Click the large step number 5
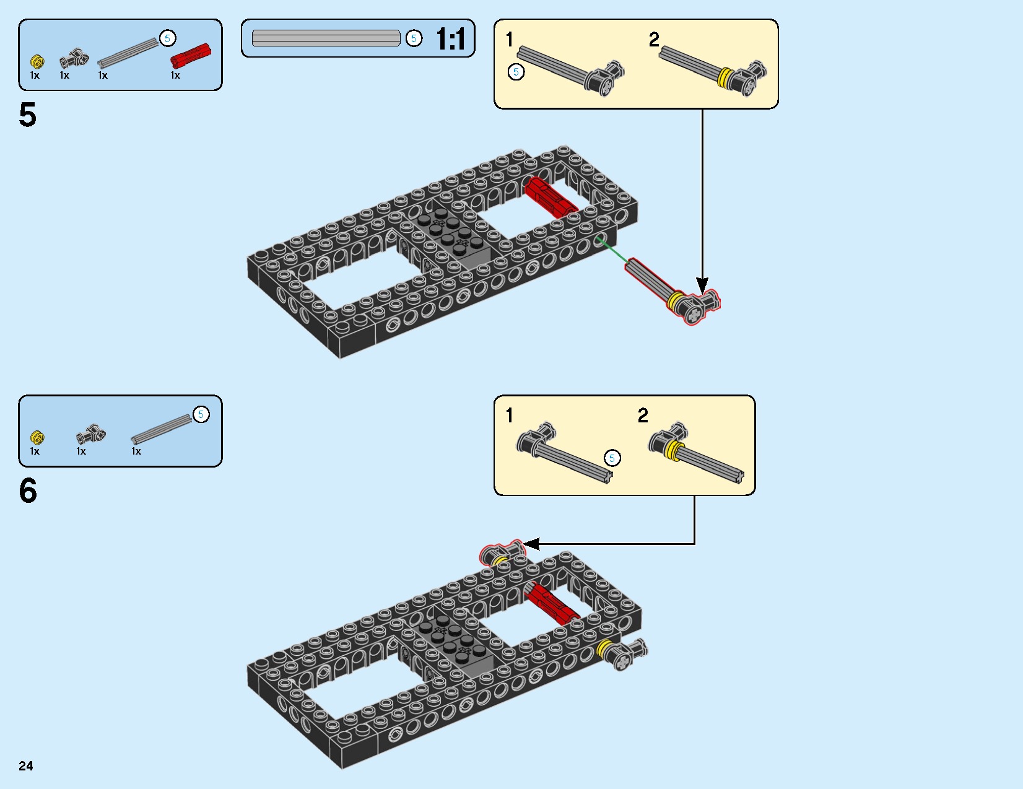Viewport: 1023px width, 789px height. click(28, 116)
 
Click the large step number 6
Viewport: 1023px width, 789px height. click(28, 491)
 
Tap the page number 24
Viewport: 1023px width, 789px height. click(26, 766)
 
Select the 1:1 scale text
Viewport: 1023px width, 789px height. click(451, 40)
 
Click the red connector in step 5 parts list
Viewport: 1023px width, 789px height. click(190, 56)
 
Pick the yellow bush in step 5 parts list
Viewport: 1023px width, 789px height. click(37, 62)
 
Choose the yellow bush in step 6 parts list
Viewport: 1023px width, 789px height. click(37, 437)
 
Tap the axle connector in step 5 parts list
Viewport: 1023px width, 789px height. click(74, 59)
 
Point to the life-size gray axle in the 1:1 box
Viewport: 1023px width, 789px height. click(326, 38)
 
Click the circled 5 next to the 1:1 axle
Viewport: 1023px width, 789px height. click(414, 38)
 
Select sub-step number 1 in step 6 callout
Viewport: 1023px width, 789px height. click(509, 416)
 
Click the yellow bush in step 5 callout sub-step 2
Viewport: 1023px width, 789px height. click(724, 78)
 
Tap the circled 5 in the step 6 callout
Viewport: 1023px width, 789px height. click(612, 458)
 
